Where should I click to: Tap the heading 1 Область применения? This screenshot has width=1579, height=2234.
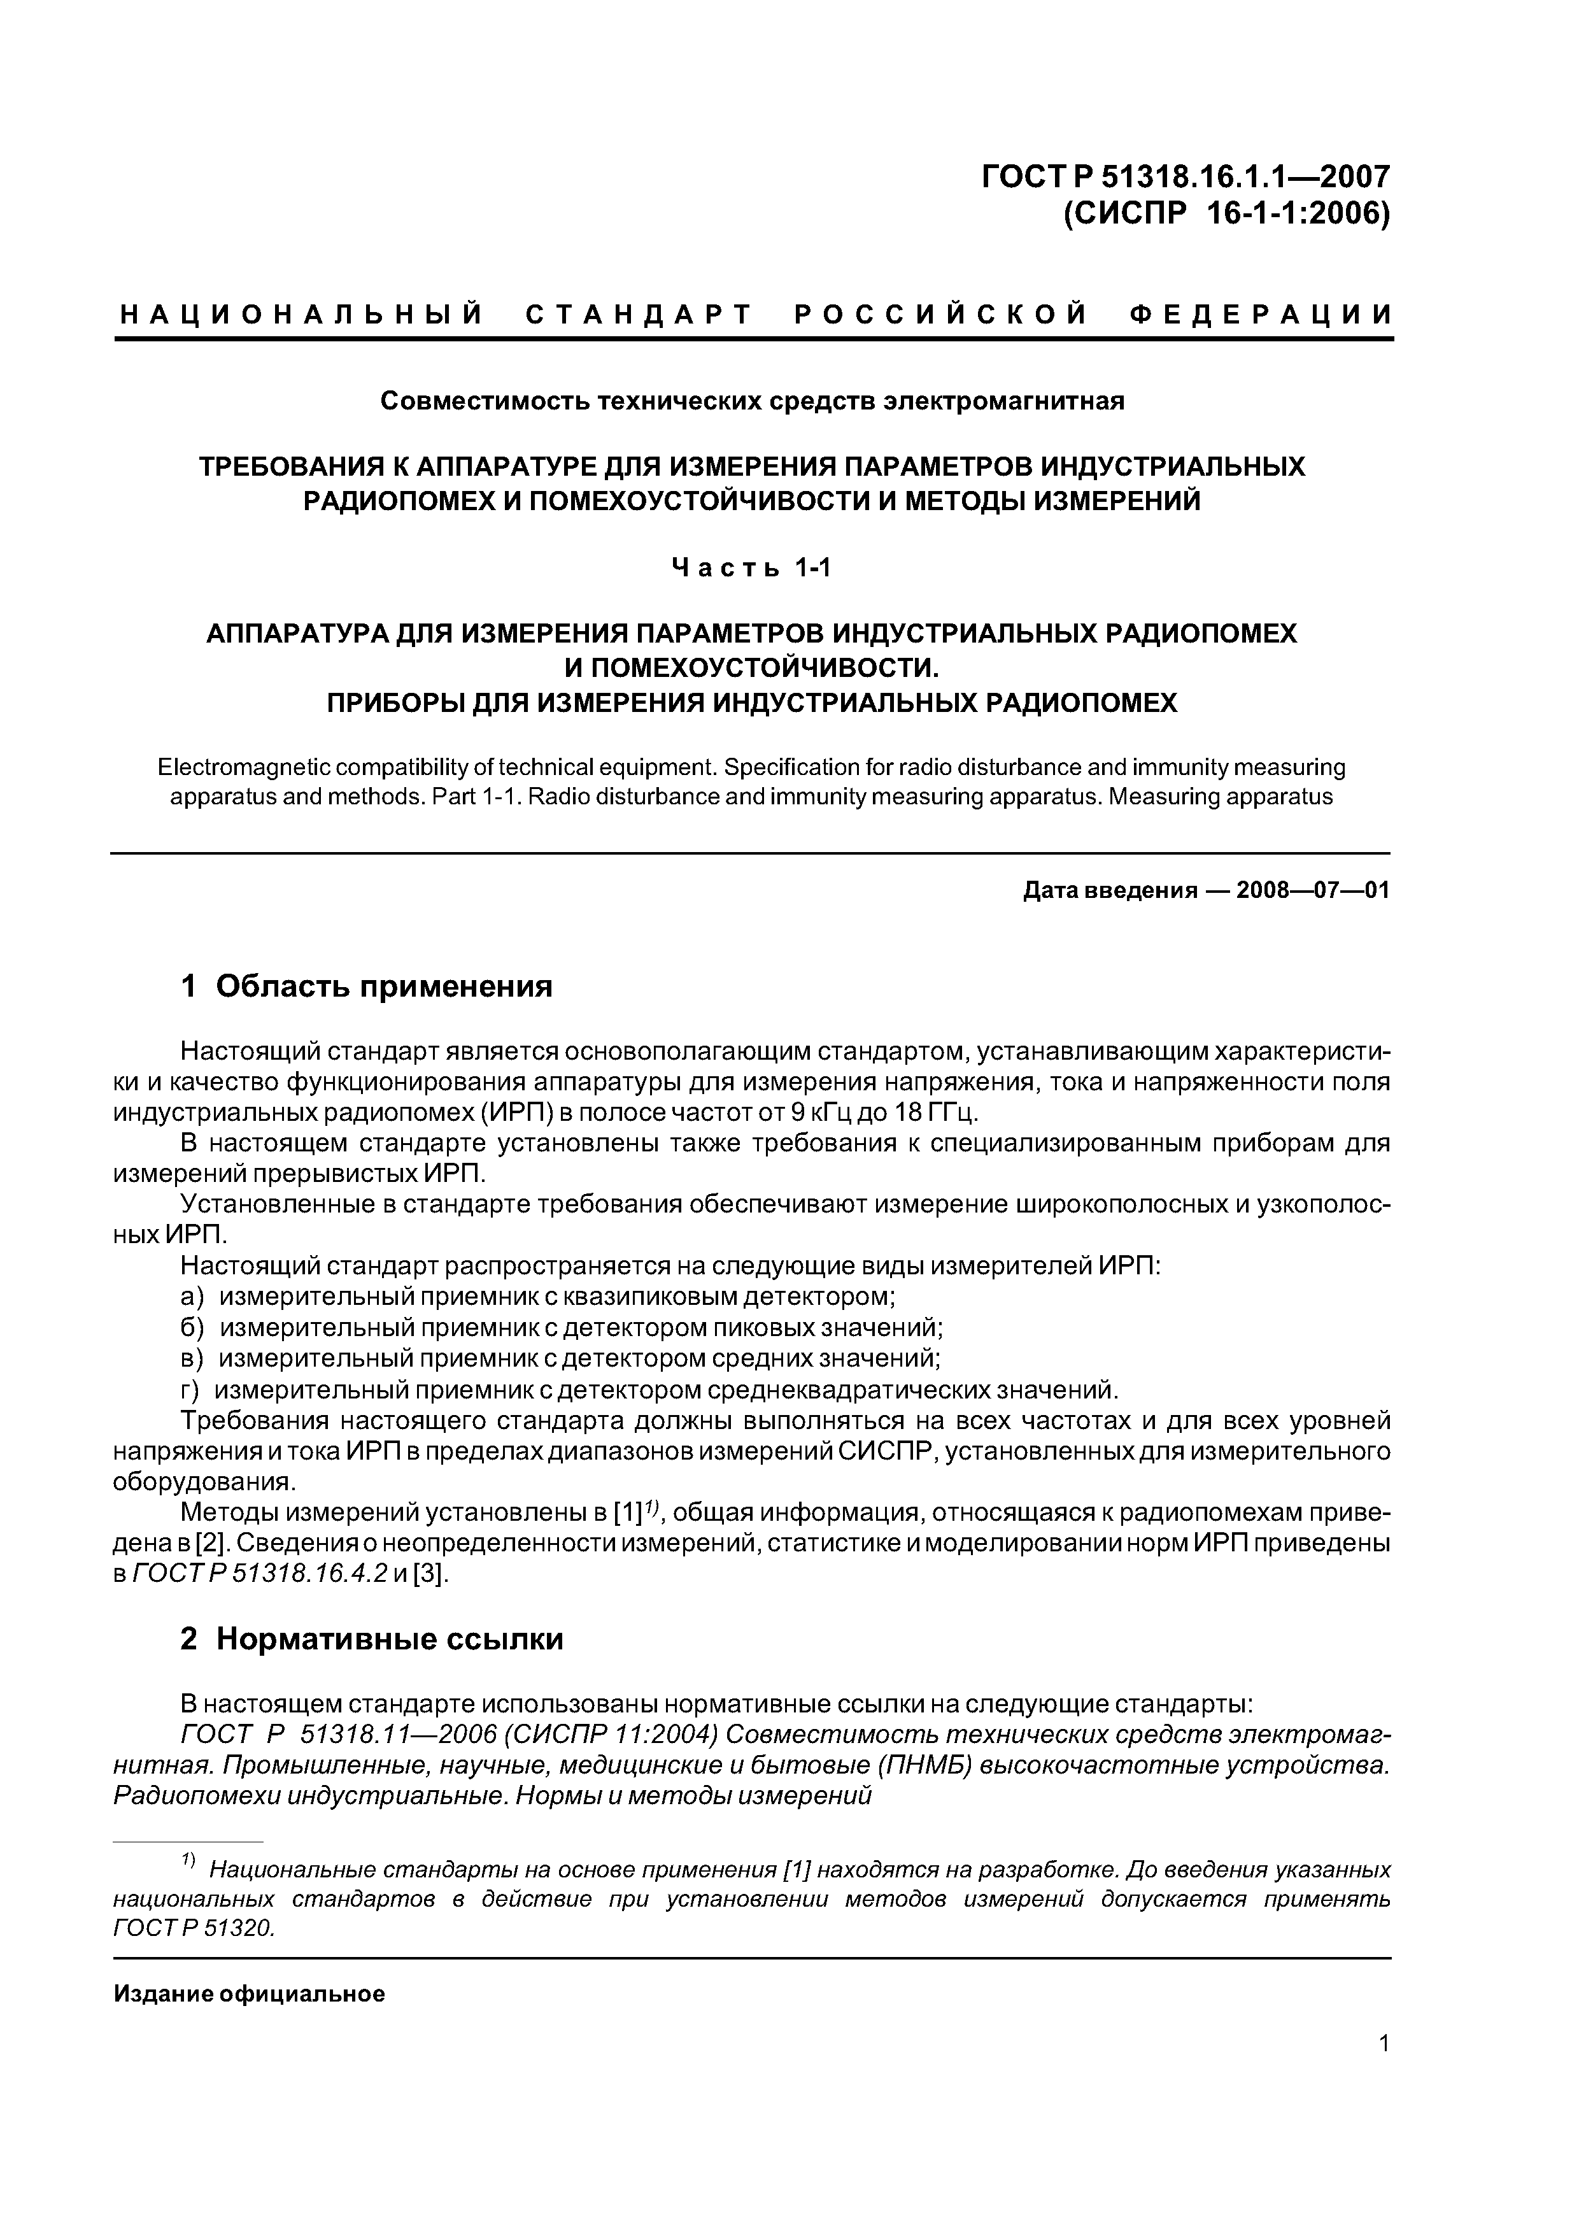point(367,986)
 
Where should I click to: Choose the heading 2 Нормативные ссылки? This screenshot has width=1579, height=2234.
point(372,1639)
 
